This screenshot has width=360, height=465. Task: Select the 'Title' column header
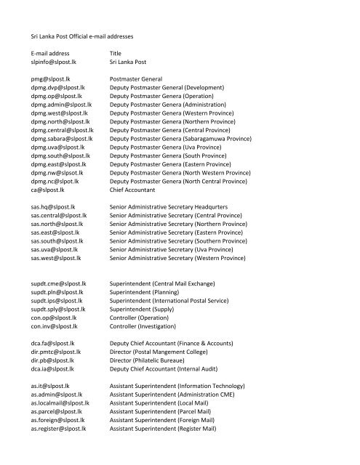pos(115,54)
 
